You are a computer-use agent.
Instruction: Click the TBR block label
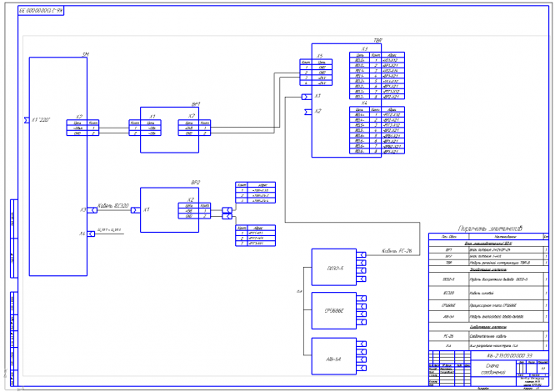pos(377,40)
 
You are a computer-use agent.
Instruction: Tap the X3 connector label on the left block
pos(82,210)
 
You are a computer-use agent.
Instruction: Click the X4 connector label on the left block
pos(82,233)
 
